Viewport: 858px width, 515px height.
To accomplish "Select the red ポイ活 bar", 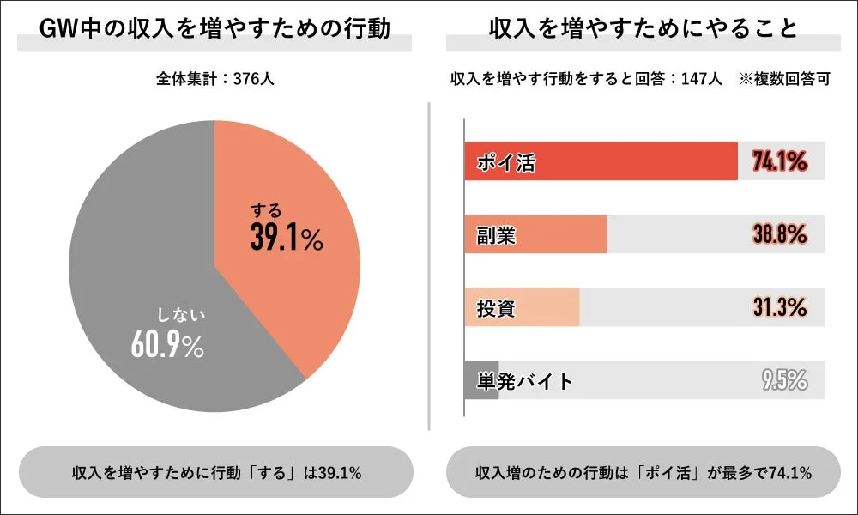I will [x=601, y=161].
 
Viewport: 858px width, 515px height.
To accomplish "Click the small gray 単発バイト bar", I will [x=480, y=380].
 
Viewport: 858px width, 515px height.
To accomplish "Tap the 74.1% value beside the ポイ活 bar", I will [x=779, y=161].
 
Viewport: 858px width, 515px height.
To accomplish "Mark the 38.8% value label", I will [x=779, y=234].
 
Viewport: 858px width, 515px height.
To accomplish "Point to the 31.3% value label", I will [x=779, y=307].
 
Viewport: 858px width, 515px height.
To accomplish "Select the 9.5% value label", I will [x=784, y=380].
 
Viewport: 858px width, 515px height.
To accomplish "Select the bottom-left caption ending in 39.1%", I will [x=215, y=473].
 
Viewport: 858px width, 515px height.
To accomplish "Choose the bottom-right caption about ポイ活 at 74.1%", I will [x=643, y=473].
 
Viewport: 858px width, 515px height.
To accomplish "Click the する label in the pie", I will [x=265, y=209].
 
